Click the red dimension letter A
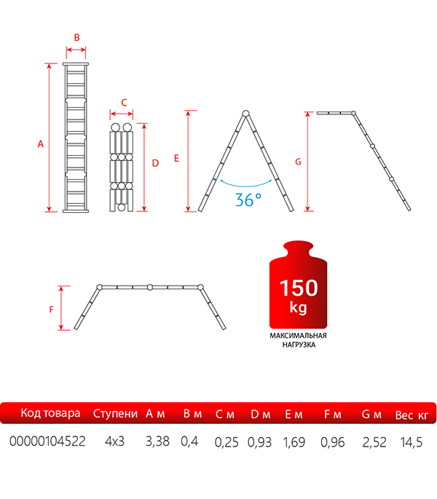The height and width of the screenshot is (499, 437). tap(40, 144)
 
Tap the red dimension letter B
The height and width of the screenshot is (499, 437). tap(76, 38)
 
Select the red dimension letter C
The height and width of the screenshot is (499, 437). tap(124, 103)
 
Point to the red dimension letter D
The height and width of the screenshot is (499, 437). tap(155, 163)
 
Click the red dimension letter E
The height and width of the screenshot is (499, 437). tap(177, 158)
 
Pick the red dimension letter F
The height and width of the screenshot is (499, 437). tap(52, 310)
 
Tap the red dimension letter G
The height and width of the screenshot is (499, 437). tap(298, 162)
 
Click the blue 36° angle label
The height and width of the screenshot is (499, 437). tap(248, 200)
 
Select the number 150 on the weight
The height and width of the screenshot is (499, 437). tap(299, 288)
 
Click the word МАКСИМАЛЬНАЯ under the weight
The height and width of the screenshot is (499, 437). tap(298, 335)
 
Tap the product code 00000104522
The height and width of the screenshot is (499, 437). tap(47, 441)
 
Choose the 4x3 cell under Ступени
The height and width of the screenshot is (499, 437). tap(114, 441)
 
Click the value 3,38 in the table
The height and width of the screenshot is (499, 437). tap(157, 441)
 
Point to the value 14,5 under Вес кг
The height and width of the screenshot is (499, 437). tap(412, 442)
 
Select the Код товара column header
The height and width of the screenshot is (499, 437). tap(50, 413)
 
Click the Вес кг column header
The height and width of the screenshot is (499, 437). tap(412, 415)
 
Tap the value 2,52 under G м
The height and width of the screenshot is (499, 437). tap(374, 442)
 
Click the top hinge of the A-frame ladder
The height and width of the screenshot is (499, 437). tap(245, 114)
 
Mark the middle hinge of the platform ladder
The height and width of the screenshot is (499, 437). tap(150, 287)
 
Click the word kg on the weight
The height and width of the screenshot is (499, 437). tap(298, 307)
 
